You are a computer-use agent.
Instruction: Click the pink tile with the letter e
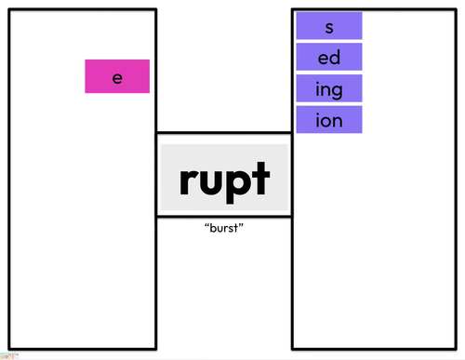pos(117,77)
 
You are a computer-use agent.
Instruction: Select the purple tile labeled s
pos(329,27)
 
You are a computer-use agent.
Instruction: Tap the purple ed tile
pos(329,58)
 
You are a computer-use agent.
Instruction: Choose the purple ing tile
pos(329,89)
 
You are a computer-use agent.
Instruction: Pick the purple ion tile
pos(329,120)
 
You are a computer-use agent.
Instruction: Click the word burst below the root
pos(223,228)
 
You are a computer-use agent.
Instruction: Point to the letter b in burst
pos(210,228)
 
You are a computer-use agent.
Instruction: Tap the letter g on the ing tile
pos(339,91)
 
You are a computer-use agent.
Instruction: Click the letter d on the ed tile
pos(335,58)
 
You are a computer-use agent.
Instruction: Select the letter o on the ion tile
pos(328,121)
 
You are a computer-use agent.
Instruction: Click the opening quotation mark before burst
pos(205,225)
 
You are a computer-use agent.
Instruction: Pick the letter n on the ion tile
pos(339,121)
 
